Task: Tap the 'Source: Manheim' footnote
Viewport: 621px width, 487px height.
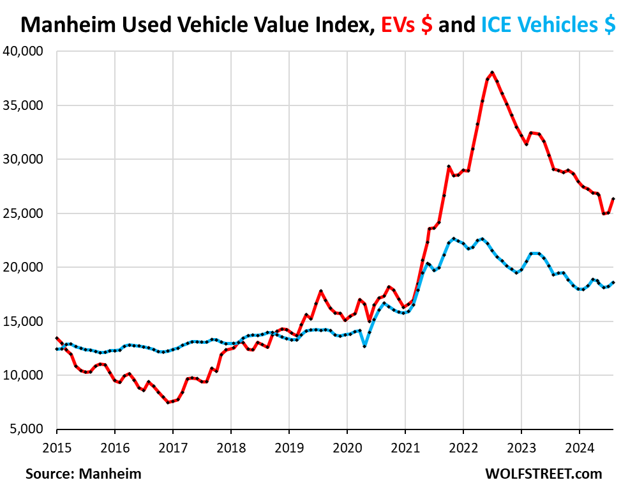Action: click(x=84, y=474)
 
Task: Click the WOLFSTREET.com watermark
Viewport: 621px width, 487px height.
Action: click(x=543, y=474)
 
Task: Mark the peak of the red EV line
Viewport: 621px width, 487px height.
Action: click(x=492, y=72)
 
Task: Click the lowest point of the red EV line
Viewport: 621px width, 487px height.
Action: click(x=168, y=402)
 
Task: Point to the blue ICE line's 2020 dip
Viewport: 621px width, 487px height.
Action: click(x=364, y=346)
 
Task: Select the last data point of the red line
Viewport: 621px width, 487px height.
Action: click(x=613, y=199)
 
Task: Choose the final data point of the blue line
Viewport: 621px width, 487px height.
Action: click(x=613, y=282)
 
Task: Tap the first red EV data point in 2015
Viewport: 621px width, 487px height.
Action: click(x=57, y=338)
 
